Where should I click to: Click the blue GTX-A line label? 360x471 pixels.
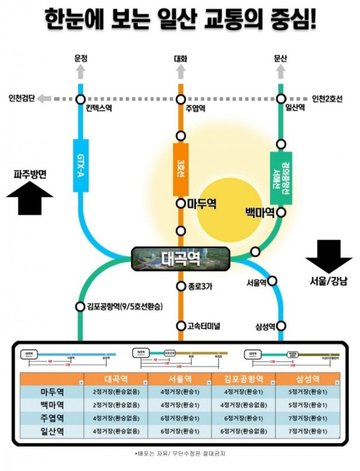pos(81,165)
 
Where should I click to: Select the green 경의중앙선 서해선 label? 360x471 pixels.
pos(281,178)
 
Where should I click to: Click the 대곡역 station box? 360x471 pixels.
pos(180,259)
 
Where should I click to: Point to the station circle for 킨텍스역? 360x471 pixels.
pos(80,100)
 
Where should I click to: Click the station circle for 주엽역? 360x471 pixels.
pos(181,100)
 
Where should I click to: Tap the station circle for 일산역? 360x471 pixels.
pos(281,100)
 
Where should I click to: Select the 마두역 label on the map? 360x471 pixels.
pos(201,204)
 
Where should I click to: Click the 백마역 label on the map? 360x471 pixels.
pos(260,213)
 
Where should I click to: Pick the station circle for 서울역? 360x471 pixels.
pos(272,281)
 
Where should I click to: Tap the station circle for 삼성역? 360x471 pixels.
pos(281,326)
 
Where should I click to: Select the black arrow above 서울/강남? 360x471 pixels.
pos(329,256)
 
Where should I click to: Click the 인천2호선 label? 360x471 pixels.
pos(328,99)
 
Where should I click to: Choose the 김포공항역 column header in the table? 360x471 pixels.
pos(244,379)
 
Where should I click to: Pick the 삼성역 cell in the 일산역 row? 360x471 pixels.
pos(308,431)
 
